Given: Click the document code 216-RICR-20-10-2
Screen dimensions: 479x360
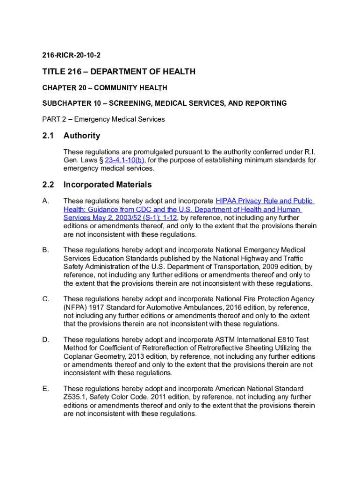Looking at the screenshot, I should (x=71, y=56).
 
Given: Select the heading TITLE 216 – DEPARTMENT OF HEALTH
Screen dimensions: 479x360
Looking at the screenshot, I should (x=119, y=72).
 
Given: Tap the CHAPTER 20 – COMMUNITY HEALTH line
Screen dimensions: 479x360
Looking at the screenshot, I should (x=104, y=88).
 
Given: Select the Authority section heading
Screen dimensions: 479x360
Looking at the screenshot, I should (x=82, y=136).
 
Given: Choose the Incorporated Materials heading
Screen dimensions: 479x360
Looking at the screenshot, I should (x=108, y=185).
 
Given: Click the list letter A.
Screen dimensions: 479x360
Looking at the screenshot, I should (x=45, y=201).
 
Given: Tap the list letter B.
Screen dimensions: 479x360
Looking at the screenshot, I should (x=45, y=250).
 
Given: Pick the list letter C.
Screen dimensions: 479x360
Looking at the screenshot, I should (x=45, y=299).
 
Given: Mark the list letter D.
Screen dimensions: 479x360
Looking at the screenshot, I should (x=45, y=340).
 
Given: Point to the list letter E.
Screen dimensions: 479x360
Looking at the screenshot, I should (x=45, y=389).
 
